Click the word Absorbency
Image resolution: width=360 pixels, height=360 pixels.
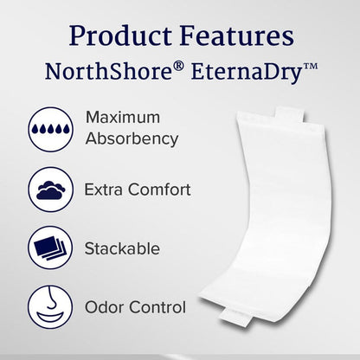pyautogui.click(x=132, y=138)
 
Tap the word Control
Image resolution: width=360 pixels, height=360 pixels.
pyautogui.click(x=158, y=307)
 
